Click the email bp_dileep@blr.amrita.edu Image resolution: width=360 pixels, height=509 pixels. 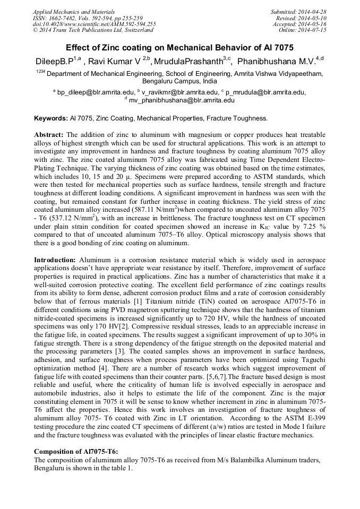point(96,92)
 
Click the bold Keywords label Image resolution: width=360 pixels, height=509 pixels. point(51,118)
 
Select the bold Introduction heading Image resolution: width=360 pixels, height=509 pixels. point(55,261)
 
